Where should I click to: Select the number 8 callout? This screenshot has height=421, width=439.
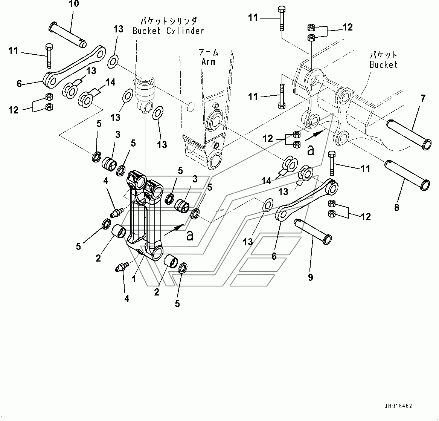396,207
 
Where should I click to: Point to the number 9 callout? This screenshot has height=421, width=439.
310,277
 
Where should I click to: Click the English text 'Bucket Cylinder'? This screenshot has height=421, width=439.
168,31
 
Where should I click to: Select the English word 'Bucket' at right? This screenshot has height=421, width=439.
383,64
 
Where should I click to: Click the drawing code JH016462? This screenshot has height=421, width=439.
398,406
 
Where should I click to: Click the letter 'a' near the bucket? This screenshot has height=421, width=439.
311,150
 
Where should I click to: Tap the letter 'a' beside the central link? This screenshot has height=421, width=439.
190,236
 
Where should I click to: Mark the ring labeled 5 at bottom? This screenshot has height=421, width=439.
181,268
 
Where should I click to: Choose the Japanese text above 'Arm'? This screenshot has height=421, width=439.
209,52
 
